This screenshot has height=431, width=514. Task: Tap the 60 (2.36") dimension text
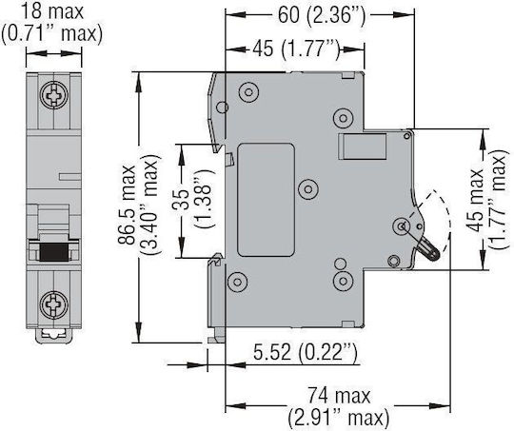click(x=322, y=15)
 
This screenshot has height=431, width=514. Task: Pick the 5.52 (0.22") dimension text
click(x=305, y=352)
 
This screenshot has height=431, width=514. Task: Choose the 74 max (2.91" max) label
click(x=339, y=406)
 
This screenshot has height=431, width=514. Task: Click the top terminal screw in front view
click(x=54, y=95)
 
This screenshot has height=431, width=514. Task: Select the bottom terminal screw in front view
click(x=54, y=304)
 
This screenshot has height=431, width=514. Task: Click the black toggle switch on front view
click(x=54, y=252)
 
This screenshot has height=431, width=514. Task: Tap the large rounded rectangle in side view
click(x=266, y=200)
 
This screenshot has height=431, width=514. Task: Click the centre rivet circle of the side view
click(x=308, y=188)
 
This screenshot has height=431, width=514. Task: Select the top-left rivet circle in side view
click(x=248, y=92)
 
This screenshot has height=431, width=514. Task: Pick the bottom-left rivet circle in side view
click(x=237, y=282)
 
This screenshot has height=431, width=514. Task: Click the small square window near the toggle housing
click(x=362, y=147)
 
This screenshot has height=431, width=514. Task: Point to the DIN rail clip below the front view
click(x=53, y=336)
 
